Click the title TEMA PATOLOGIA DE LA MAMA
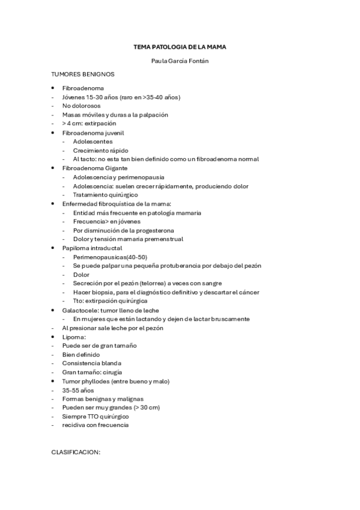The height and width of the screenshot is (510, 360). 180,46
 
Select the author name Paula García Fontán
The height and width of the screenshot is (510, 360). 180,61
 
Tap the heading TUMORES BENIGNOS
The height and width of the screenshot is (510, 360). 82,75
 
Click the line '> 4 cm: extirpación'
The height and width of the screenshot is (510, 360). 88,123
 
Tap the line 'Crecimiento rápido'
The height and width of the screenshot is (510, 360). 100,150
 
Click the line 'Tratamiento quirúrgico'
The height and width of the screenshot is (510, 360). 105,195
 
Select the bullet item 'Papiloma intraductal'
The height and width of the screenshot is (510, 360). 92,248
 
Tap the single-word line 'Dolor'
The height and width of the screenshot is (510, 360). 81,275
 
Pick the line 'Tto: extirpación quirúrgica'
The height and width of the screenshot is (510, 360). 110,301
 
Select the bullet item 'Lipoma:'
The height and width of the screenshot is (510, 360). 74,337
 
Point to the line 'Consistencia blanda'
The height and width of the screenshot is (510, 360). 91,363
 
